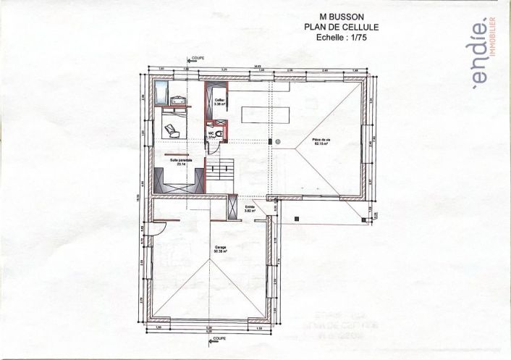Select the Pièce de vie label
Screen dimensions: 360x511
321,142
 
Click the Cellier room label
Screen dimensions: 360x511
219,101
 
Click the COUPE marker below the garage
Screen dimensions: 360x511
219,338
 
